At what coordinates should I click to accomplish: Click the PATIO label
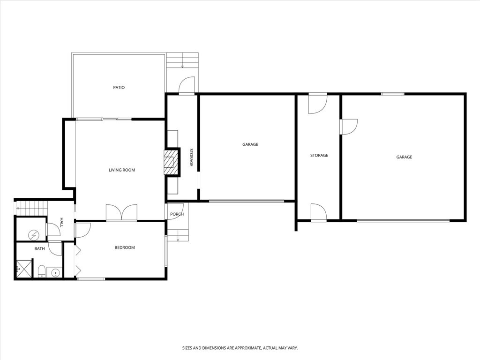coord(119,88)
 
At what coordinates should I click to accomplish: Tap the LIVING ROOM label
coord(122,170)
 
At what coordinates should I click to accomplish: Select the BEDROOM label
coord(125,247)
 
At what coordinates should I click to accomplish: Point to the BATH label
coord(39,248)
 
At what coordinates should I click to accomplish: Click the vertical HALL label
coord(61,221)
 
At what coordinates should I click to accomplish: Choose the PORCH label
coord(177,214)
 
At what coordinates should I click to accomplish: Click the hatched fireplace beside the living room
coord(171,162)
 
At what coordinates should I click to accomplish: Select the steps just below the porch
coord(178,235)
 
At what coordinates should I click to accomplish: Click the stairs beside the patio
coord(183,60)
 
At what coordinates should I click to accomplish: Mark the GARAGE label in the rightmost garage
coord(404,157)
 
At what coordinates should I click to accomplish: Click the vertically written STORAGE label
coord(191,157)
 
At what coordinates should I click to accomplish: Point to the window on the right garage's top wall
coord(392,94)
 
